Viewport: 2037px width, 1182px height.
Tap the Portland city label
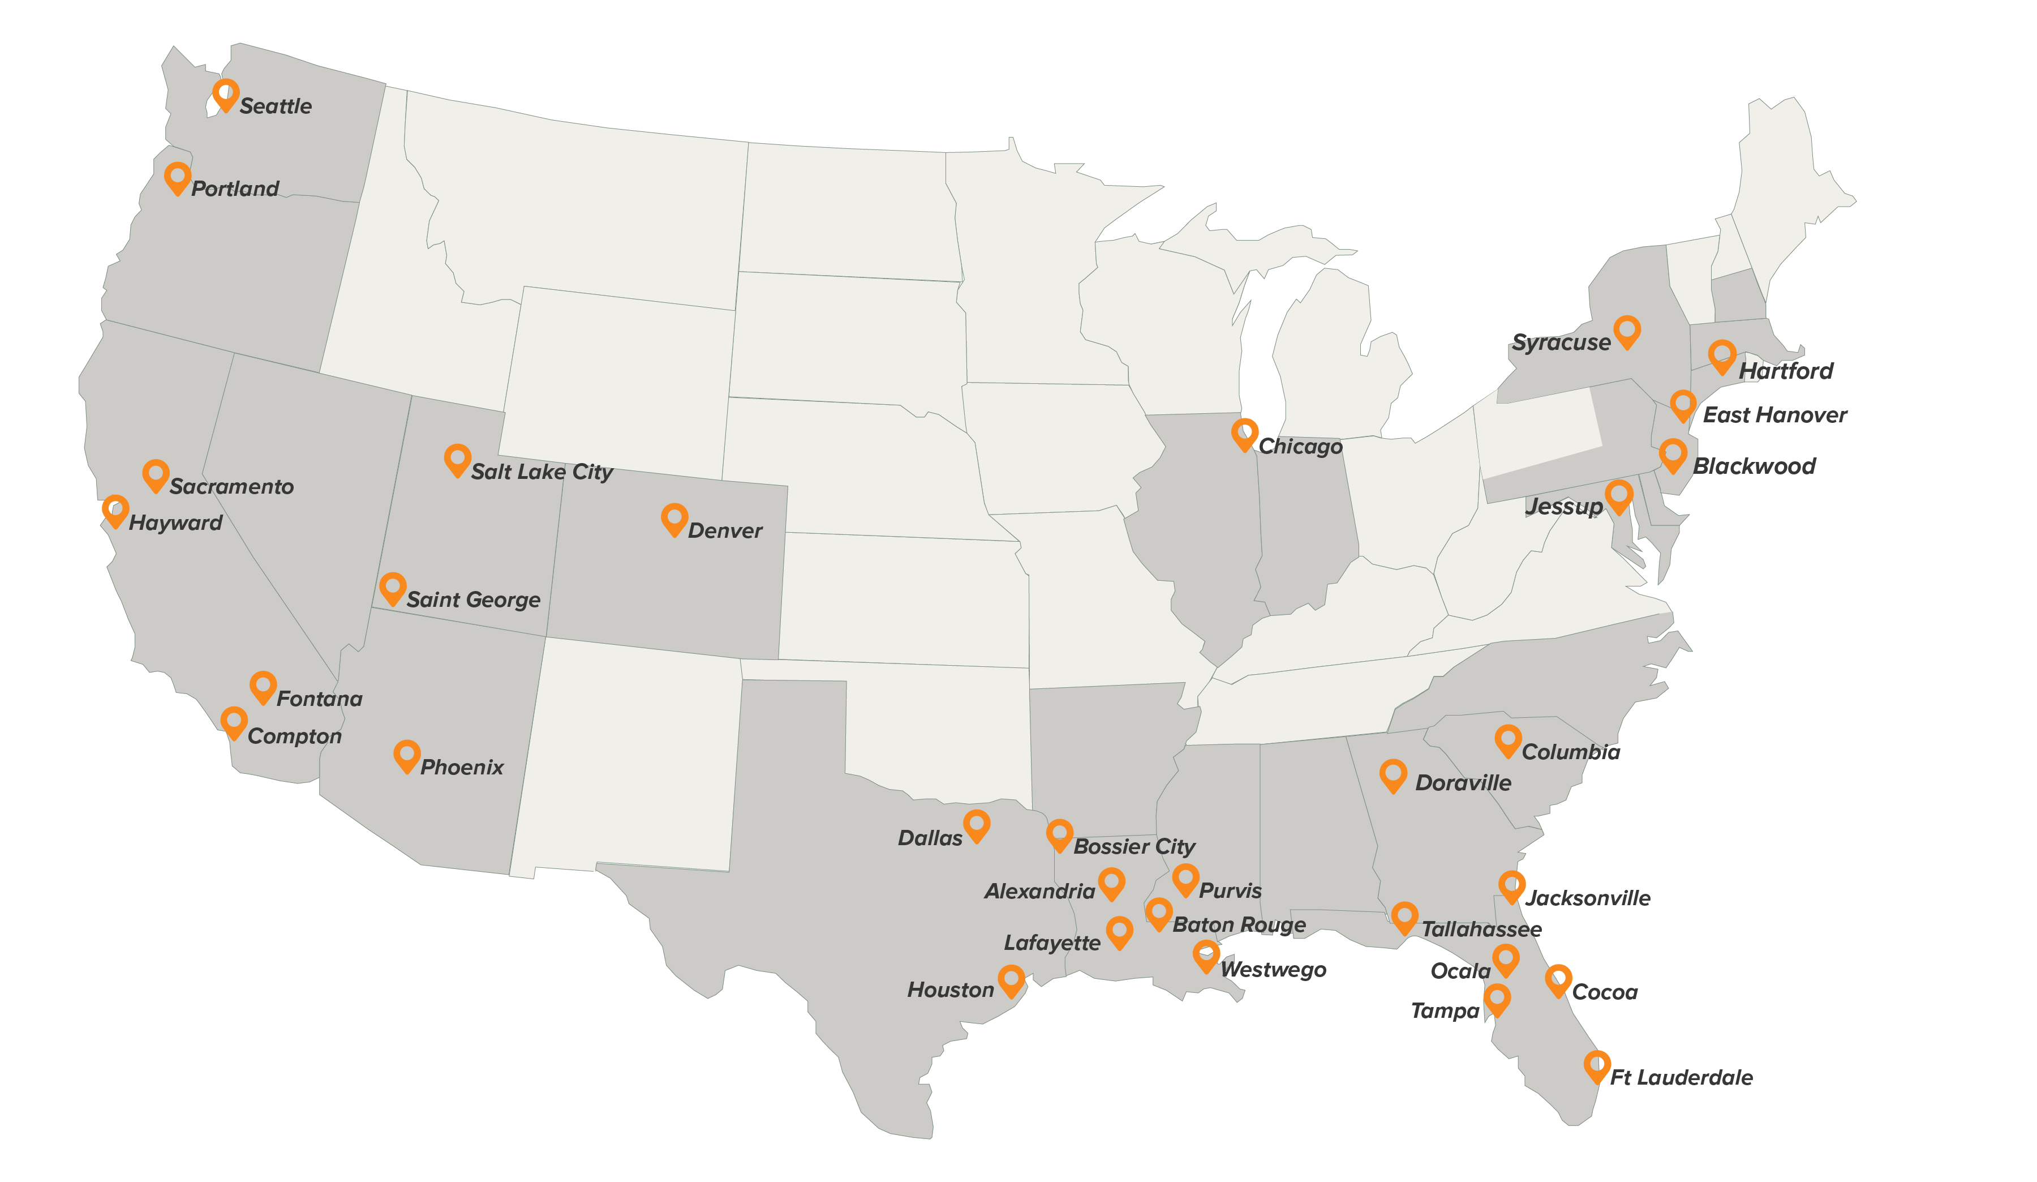click(x=234, y=189)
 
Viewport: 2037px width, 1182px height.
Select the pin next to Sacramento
click(x=155, y=474)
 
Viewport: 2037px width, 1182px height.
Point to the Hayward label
click(x=175, y=523)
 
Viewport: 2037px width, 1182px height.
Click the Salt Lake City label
click(x=542, y=472)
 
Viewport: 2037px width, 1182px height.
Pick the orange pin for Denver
click(x=674, y=518)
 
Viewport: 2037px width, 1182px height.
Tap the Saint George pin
click(x=393, y=587)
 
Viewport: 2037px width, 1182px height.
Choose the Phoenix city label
click(x=462, y=766)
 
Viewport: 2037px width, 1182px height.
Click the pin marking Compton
click(x=234, y=721)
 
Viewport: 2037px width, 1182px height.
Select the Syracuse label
click(x=1561, y=342)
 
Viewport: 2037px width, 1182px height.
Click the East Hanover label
click(x=1774, y=415)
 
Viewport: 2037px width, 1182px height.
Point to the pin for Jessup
click(x=1618, y=495)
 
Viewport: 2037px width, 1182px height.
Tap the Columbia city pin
click(x=1507, y=739)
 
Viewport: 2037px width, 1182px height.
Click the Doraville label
click(x=1463, y=782)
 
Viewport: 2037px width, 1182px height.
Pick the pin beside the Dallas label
click(x=977, y=825)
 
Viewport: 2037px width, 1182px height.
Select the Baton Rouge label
click(x=1239, y=924)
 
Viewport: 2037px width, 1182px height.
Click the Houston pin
click(x=1011, y=980)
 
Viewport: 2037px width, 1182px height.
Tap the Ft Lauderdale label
click(x=1681, y=1077)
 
